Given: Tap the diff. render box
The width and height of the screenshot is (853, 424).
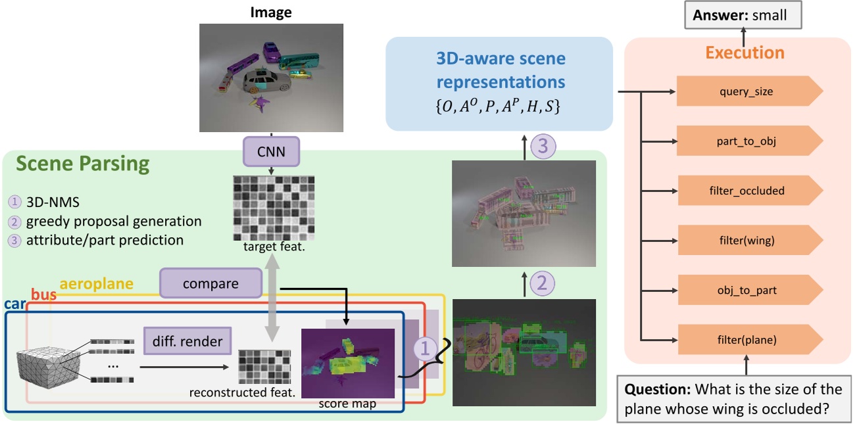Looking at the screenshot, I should click(x=187, y=342).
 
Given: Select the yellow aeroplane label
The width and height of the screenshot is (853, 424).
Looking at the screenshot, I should click(x=96, y=284).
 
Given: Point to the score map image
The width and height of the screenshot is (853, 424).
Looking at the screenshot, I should click(x=347, y=362).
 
